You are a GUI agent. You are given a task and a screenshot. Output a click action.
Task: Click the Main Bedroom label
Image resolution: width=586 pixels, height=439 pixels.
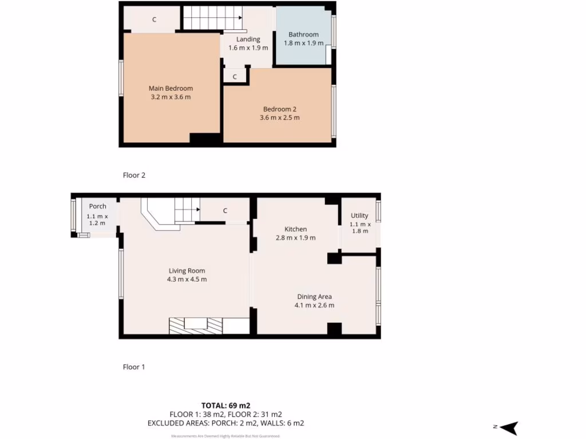(x=171, y=89)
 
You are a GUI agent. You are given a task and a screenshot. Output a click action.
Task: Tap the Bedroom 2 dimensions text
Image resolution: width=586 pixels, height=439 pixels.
(x=279, y=118)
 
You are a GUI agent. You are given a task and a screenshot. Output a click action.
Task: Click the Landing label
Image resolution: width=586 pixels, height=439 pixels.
(x=248, y=39)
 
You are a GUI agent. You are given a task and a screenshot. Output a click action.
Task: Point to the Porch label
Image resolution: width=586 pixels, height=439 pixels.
(x=97, y=206)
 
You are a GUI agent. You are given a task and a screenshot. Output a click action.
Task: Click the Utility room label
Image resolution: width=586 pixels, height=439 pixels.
(x=359, y=215)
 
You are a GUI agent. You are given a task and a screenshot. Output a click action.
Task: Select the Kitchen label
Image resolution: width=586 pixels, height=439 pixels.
(x=295, y=229)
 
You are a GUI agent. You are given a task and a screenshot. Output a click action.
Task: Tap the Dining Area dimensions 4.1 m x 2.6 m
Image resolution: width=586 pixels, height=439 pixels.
(x=314, y=305)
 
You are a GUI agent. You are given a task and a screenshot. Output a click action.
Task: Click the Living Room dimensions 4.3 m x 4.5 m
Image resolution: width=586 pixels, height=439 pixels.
(x=187, y=280)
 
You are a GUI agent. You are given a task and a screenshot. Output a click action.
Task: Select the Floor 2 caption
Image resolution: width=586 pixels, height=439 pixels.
(x=134, y=175)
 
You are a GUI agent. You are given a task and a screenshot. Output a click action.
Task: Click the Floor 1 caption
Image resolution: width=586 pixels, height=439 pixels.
(x=134, y=367)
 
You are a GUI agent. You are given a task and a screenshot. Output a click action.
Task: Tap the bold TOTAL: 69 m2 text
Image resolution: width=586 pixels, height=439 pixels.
(x=225, y=405)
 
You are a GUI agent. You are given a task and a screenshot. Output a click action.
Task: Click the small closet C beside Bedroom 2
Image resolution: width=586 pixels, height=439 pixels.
(x=235, y=76)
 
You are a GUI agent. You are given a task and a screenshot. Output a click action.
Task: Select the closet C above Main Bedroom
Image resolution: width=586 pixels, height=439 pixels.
(x=153, y=20)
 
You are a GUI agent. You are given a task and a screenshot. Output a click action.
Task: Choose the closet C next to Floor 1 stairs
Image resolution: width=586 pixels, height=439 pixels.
(x=225, y=211)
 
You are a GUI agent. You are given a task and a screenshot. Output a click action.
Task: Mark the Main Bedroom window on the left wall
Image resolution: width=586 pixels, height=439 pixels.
(x=121, y=78)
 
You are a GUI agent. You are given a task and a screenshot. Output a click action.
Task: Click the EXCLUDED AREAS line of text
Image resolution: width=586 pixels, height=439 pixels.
(x=225, y=424)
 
